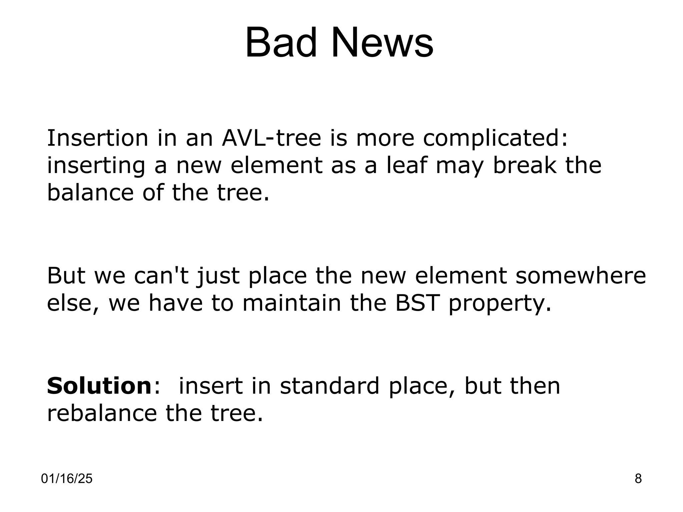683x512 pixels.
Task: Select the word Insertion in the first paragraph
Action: point(97,138)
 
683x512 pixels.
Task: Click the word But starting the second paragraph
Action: point(66,276)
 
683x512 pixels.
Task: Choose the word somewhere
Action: point(581,276)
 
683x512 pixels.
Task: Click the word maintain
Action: point(291,303)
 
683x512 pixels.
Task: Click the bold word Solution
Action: point(99,386)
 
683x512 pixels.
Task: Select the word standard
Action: point(329,386)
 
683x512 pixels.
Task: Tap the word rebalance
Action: point(102,413)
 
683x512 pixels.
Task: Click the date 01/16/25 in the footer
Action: point(67,479)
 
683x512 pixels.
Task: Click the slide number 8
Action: point(638,479)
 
